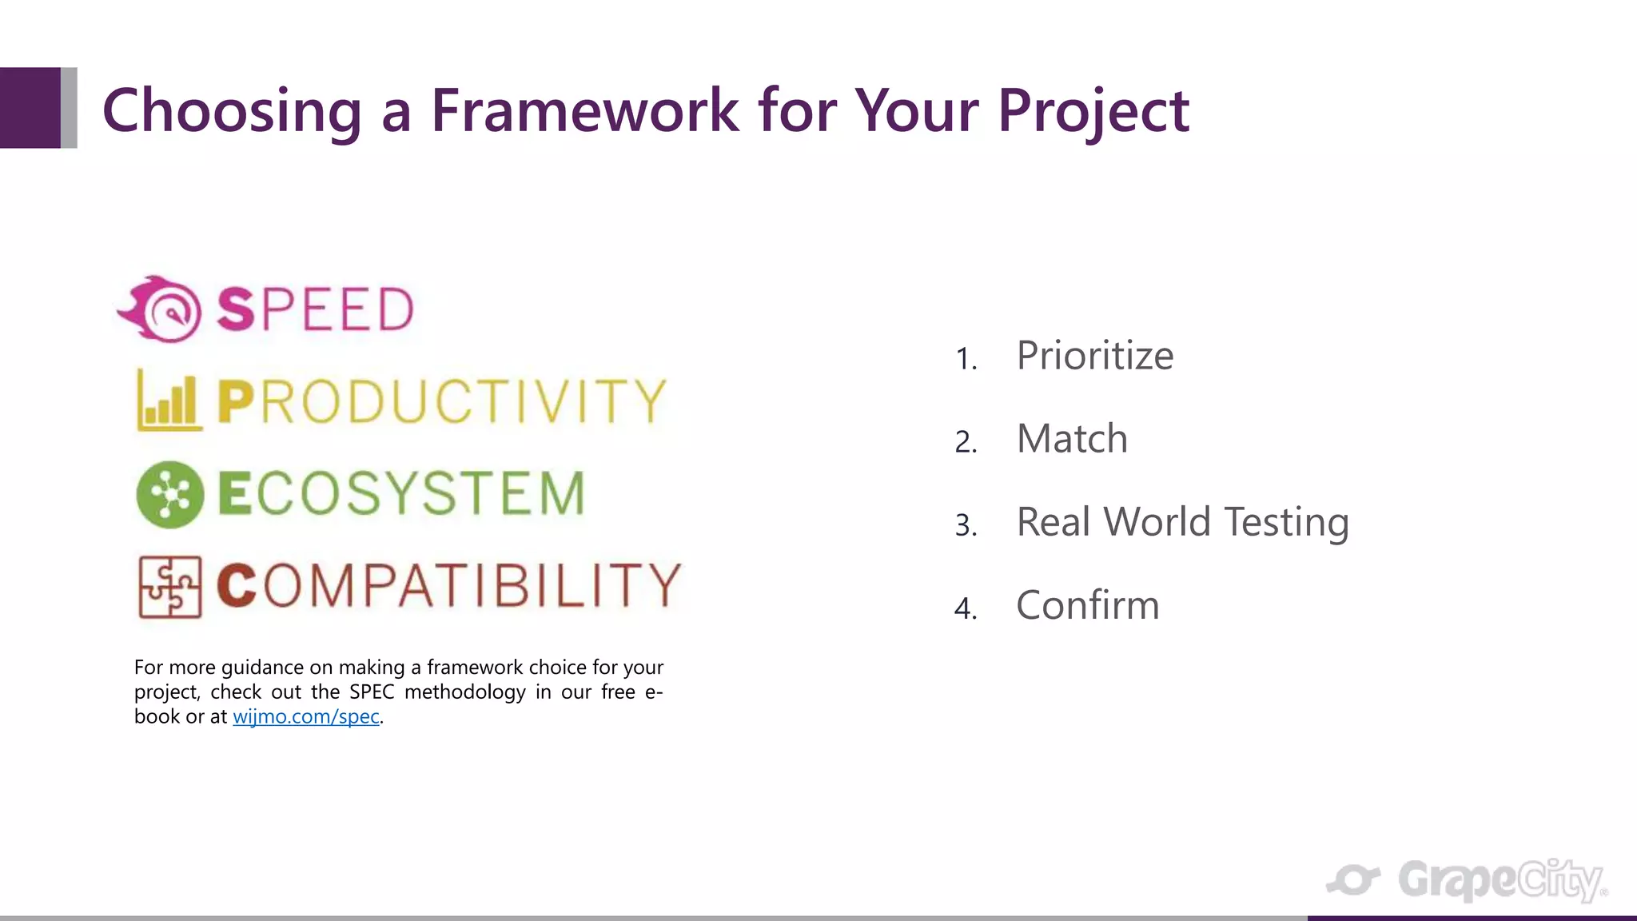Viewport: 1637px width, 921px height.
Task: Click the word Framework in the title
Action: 585,110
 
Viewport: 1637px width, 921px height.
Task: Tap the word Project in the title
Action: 1093,110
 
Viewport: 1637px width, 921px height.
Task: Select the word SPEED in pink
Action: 315,309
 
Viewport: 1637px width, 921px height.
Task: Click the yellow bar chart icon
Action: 169,401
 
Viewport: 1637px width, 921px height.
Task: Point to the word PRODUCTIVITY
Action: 441,401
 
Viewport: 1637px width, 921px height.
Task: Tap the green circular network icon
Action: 169,494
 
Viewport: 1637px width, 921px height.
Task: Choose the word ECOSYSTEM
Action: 401,493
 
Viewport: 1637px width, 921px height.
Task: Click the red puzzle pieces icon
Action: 169,587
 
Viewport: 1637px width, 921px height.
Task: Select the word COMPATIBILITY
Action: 448,585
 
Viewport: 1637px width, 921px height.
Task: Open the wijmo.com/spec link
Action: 306,716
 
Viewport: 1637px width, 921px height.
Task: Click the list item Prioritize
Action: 1094,356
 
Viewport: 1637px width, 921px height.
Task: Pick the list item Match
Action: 1071,439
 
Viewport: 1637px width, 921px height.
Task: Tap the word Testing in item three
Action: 1286,523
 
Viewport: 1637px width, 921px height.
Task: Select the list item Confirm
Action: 1087,605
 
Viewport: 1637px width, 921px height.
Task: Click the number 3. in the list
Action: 966,525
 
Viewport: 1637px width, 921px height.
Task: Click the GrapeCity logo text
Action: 1501,880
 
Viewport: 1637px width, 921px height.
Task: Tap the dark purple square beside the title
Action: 30,108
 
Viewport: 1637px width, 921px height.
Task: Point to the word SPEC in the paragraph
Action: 372,692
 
